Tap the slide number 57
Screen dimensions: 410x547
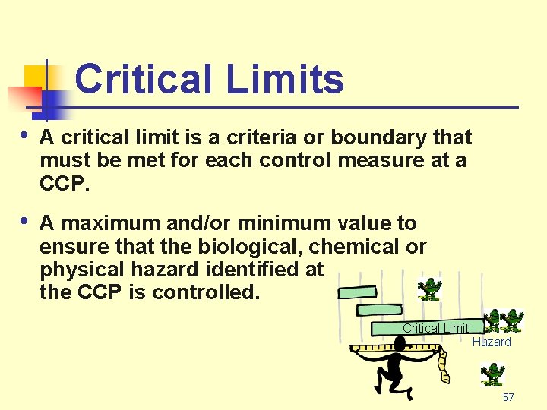pyautogui.click(x=508, y=397)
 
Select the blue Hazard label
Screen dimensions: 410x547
pyautogui.click(x=492, y=342)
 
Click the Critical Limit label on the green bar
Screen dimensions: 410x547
pyautogui.click(x=435, y=328)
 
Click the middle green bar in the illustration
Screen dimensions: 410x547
pyautogui.click(x=379, y=310)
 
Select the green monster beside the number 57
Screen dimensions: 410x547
pyautogui.click(x=493, y=374)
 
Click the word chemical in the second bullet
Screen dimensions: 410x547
pyautogui.click(x=353, y=247)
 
